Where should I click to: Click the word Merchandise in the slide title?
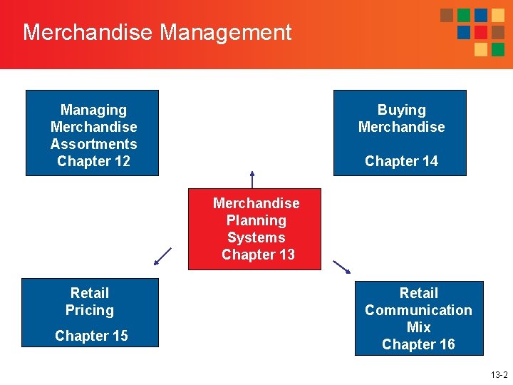pyautogui.click(x=88, y=32)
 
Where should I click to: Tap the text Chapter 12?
pyautogui.click(x=93, y=161)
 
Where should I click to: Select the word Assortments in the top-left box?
pyautogui.click(x=93, y=144)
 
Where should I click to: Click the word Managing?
pyautogui.click(x=93, y=110)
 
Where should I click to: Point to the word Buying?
pyautogui.click(x=401, y=110)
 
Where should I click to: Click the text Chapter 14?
pyautogui.click(x=401, y=161)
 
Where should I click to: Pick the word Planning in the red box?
pyautogui.click(x=256, y=220)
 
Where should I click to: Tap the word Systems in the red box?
pyautogui.click(x=256, y=237)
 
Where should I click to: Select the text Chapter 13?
pyautogui.click(x=258, y=255)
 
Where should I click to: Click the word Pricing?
pyautogui.click(x=90, y=310)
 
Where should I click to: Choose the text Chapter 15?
pyautogui.click(x=91, y=336)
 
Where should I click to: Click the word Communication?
pyautogui.click(x=418, y=310)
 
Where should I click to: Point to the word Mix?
pyautogui.click(x=418, y=327)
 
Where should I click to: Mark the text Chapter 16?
pyautogui.click(x=418, y=344)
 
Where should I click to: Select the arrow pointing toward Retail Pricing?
pyautogui.click(x=163, y=256)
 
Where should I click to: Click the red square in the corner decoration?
pyautogui.click(x=481, y=32)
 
